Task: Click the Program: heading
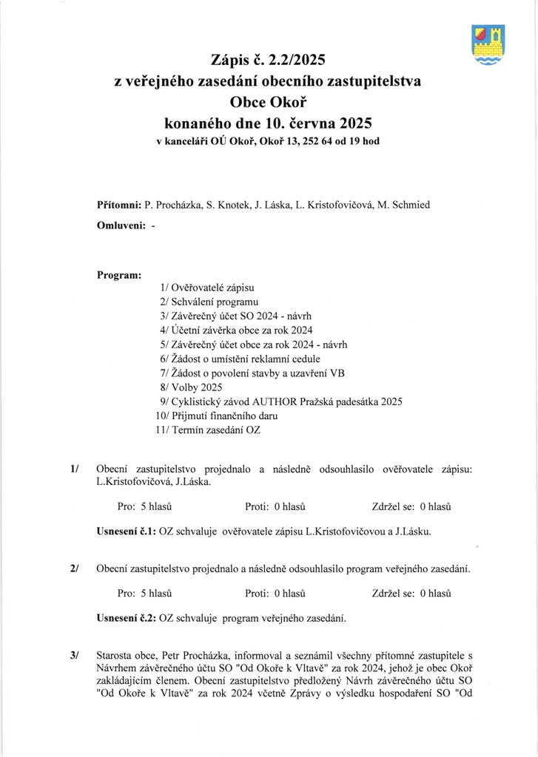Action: [119, 275]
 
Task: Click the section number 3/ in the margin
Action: [74, 655]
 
